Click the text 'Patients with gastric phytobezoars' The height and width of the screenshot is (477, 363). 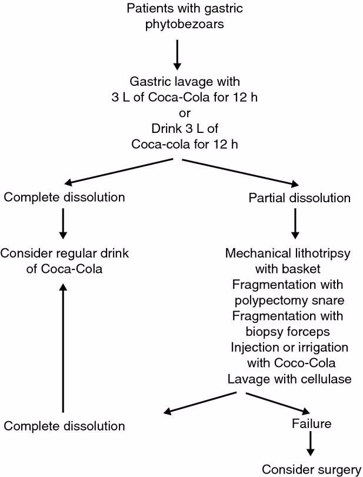(181, 18)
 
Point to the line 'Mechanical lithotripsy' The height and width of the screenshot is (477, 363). (288, 254)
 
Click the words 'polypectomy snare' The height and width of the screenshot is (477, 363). (288, 300)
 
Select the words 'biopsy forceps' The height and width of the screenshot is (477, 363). (288, 331)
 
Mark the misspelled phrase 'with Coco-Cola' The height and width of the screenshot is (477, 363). (288, 362)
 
